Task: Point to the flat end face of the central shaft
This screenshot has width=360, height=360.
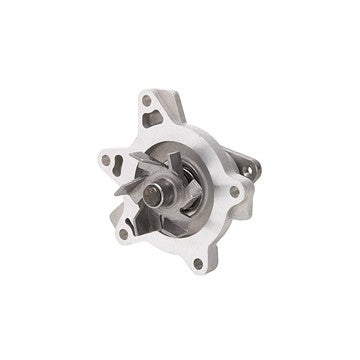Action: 160,189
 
